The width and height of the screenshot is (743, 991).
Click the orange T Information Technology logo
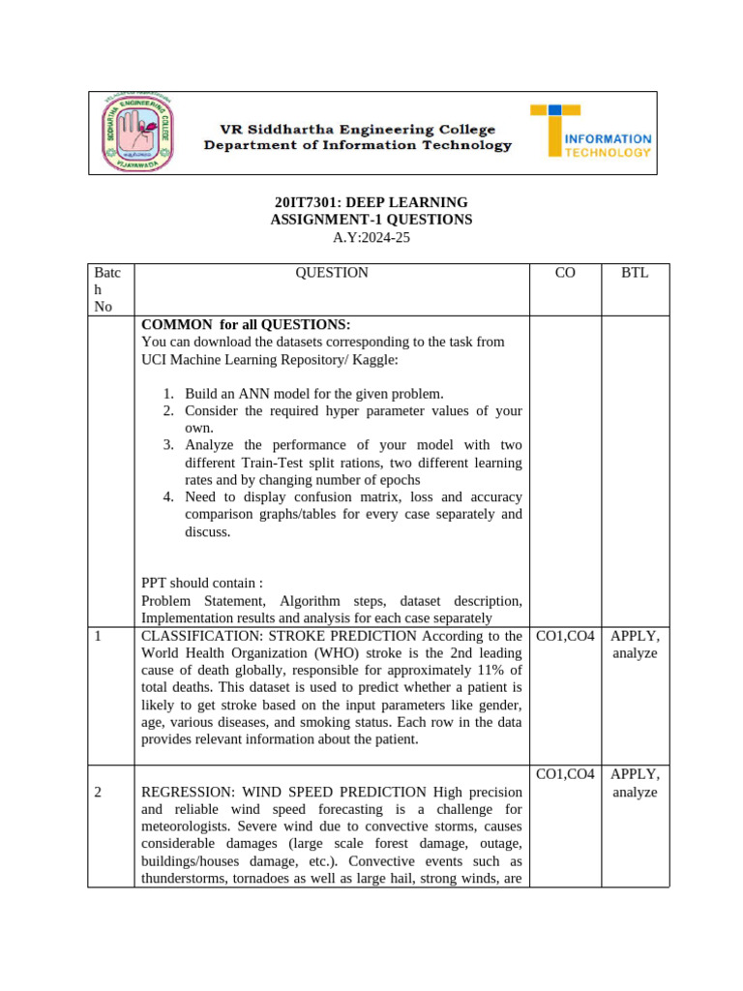coord(590,133)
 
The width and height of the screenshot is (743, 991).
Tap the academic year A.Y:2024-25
coord(371,237)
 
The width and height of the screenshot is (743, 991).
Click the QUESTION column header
coord(332,273)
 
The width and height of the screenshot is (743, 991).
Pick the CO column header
coord(565,273)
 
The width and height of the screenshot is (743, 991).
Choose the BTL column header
coord(635,273)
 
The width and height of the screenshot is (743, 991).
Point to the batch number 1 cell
coord(99,636)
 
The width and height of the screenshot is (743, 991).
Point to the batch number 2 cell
coord(99,792)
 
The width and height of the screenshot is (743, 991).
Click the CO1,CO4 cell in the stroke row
coord(566,636)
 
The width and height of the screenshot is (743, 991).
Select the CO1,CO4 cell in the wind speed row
coord(566,774)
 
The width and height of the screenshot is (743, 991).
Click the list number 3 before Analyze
coord(167,445)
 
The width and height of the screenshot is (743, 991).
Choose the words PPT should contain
coord(202,584)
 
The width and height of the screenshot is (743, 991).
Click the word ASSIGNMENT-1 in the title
coord(316,220)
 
